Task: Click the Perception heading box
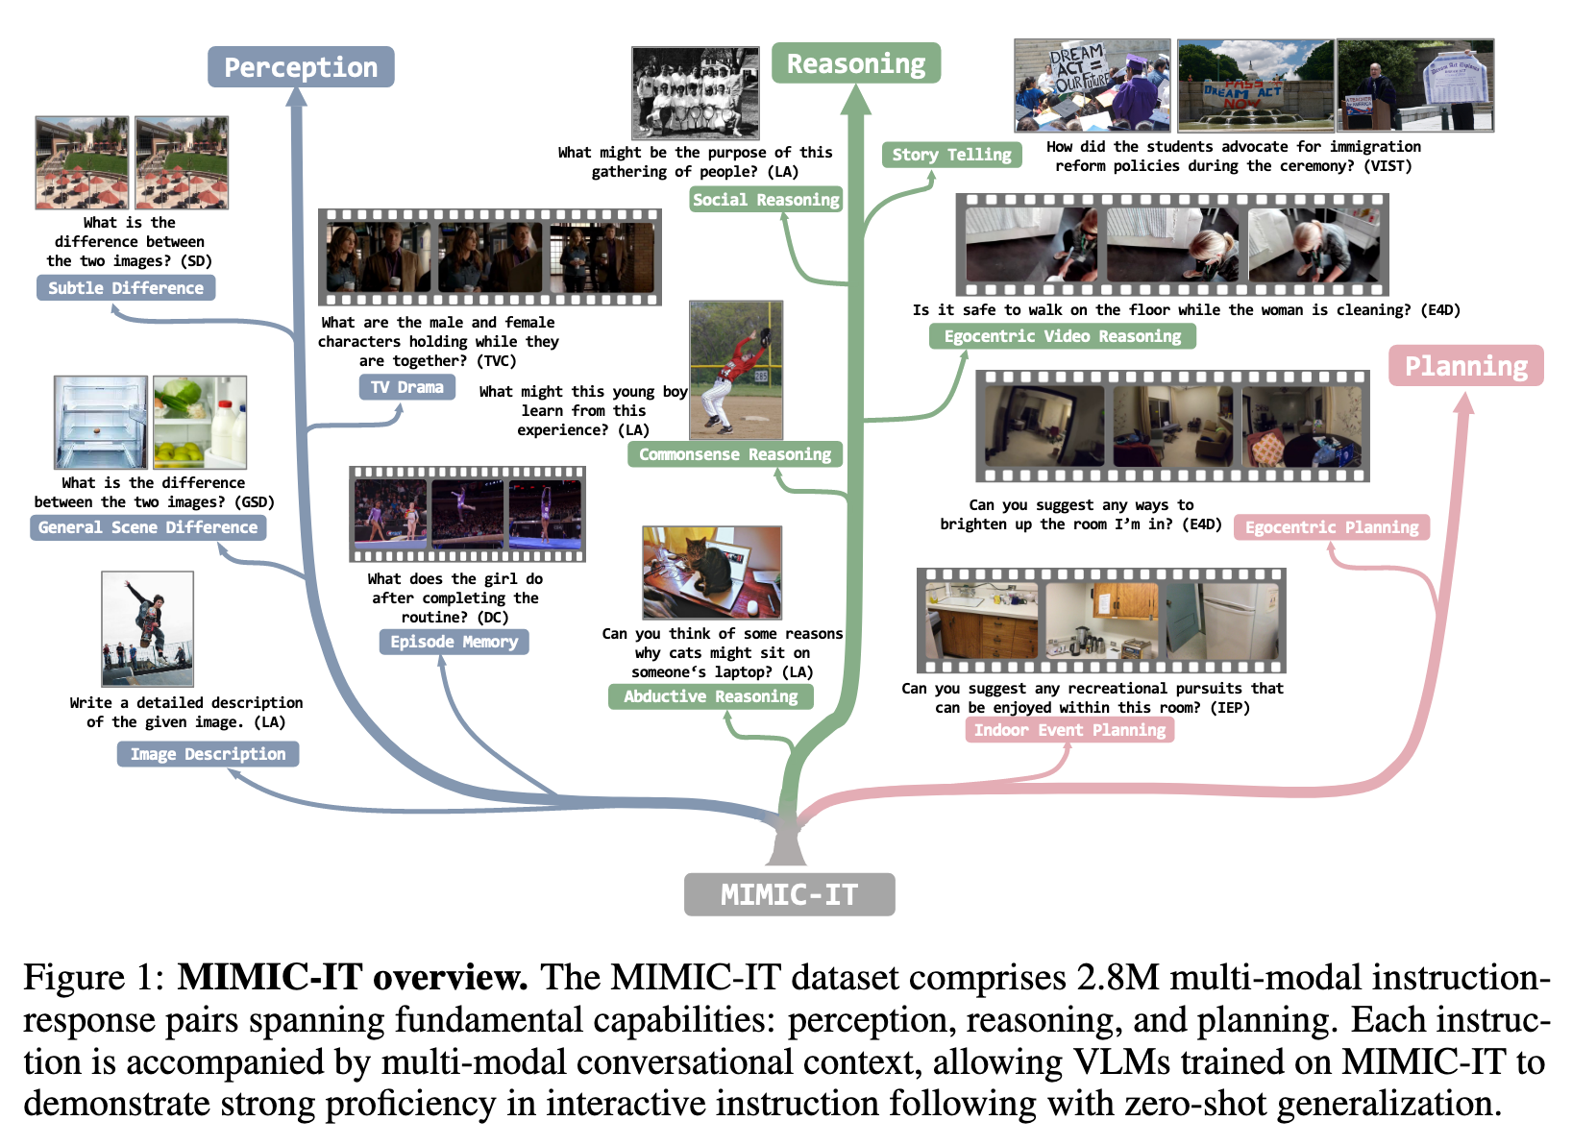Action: pos(301,67)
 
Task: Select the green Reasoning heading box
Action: pos(855,63)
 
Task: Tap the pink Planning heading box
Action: pos(1465,366)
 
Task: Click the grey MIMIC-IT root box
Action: pos(789,894)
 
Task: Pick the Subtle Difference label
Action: pos(126,287)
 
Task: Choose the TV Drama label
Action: pos(406,387)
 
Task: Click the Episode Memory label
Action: pos(454,642)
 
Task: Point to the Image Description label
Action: pos(208,754)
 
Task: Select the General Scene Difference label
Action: pos(148,527)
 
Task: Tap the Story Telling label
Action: pos(951,155)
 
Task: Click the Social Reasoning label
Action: pos(766,200)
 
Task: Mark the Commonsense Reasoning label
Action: pos(735,454)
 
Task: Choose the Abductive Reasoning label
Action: pos(710,696)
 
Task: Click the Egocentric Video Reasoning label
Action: pos(1062,336)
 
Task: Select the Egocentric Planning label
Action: pos(1332,527)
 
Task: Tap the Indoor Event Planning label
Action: pos(1069,730)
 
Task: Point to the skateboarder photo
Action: pos(147,628)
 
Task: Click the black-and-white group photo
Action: pos(696,93)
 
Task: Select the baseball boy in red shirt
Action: pos(735,370)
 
